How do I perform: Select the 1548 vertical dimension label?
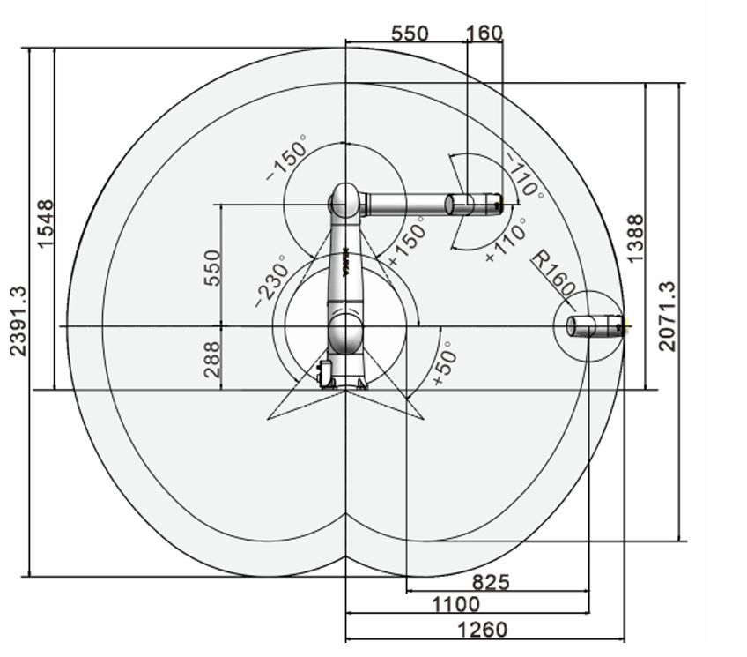(45, 224)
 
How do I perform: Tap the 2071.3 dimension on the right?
(667, 316)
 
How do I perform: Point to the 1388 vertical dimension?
(634, 238)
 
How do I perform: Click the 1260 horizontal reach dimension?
(482, 630)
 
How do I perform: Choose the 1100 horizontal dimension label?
(456, 604)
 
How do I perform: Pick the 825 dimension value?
(490, 582)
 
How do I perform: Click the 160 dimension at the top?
(484, 34)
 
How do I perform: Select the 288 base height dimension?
(212, 360)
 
